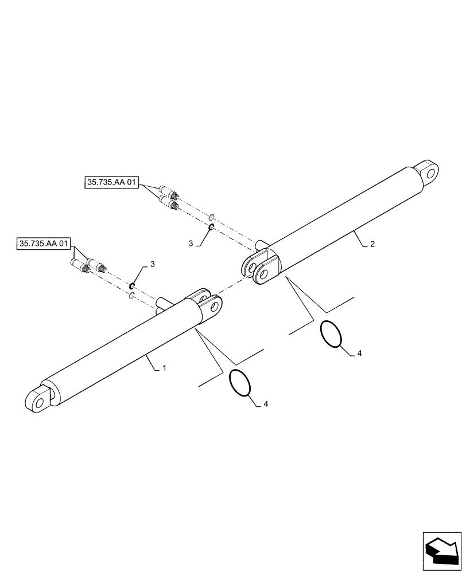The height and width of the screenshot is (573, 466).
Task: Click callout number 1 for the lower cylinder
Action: (x=164, y=368)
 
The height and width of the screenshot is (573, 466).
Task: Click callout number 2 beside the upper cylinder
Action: (x=372, y=244)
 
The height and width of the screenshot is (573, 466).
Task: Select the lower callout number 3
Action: (x=152, y=264)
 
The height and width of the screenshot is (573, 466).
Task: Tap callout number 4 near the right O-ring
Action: (x=359, y=354)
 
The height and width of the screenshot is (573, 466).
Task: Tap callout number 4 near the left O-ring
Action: (x=266, y=404)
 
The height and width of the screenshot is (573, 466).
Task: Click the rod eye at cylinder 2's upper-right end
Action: (x=429, y=171)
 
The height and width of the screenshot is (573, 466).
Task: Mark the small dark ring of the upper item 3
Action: (x=212, y=227)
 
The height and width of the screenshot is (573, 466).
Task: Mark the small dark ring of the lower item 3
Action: (x=133, y=285)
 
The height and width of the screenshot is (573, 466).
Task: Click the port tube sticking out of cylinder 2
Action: (x=261, y=244)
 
